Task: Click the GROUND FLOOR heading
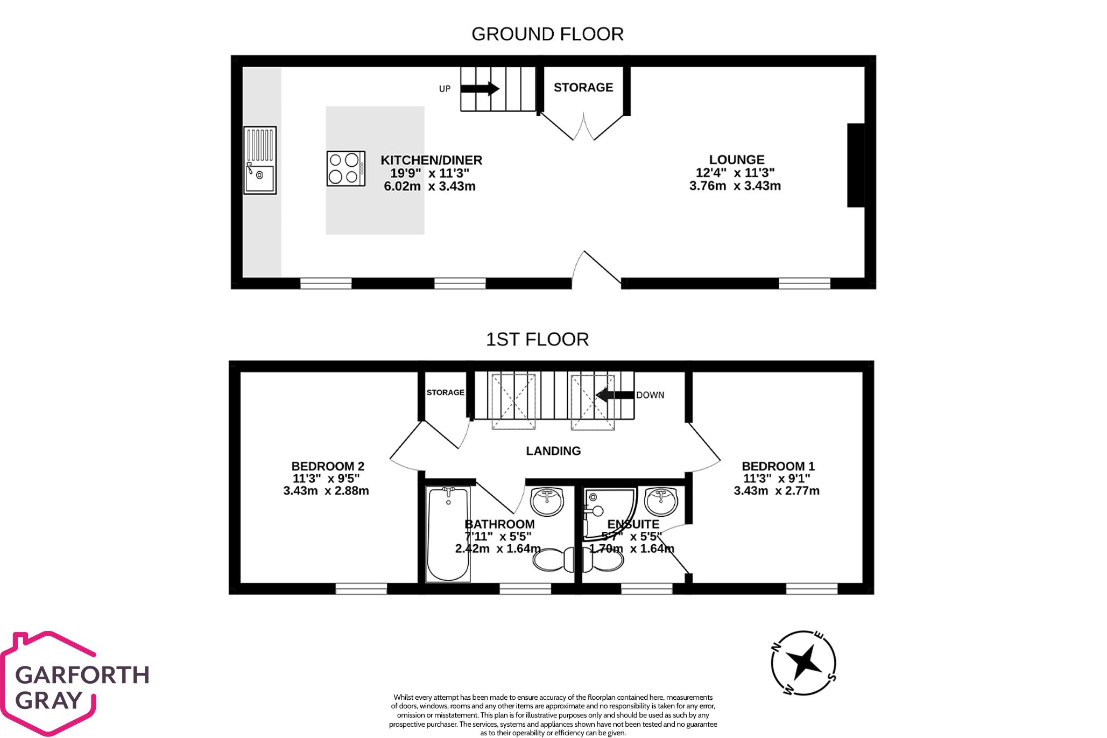547,34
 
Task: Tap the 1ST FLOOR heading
537,339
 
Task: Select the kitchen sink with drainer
260,160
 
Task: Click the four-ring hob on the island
346,168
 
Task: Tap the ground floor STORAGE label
583,87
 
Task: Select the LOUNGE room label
736,159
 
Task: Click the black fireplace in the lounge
855,165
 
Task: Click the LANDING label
553,451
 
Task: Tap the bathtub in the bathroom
448,534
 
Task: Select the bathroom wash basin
547,501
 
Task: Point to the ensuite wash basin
661,501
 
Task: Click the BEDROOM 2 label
327,466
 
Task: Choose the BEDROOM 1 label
778,466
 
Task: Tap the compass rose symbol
803,663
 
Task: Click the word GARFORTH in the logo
82,675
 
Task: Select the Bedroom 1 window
811,588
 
